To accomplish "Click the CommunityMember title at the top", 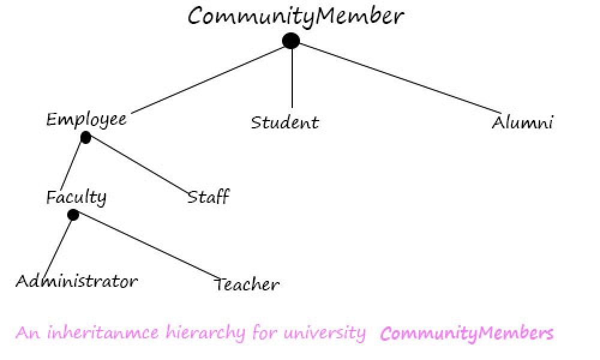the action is click(x=296, y=16).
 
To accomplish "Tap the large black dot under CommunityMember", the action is click(x=291, y=41).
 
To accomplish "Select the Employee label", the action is click(x=86, y=119).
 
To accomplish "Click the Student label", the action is click(x=284, y=123).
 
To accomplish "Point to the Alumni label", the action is click(x=522, y=124).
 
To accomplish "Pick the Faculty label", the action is click(x=76, y=197).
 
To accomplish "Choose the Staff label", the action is click(x=208, y=197).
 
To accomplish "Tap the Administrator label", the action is click(x=76, y=281).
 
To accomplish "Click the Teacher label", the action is click(x=247, y=284).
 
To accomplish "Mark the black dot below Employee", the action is click(x=86, y=138).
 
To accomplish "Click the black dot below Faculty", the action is click(x=73, y=215).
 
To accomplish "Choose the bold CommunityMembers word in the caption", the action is click(x=467, y=333).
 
